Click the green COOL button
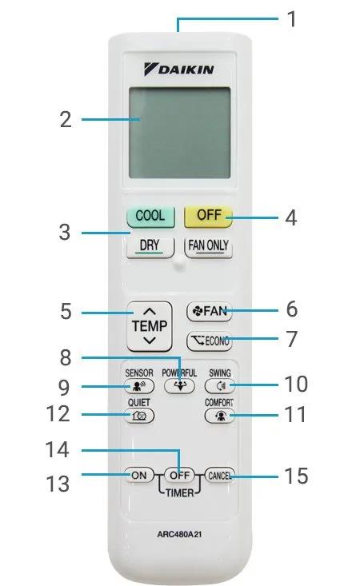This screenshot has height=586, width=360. (x=150, y=216)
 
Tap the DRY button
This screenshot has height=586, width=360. (x=150, y=247)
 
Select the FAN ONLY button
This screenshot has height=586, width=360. (x=209, y=247)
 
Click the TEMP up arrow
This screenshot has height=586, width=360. (x=150, y=312)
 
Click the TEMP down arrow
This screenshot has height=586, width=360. (x=150, y=341)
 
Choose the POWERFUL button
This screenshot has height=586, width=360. (x=179, y=385)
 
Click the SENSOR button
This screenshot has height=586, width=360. (x=138, y=385)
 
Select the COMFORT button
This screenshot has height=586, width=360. (x=220, y=416)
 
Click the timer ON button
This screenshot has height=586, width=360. (x=138, y=474)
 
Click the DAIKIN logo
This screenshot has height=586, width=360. (x=179, y=70)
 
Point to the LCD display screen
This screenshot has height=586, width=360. (x=179, y=134)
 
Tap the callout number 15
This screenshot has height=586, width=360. (x=295, y=476)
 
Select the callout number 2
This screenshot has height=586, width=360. (x=66, y=121)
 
